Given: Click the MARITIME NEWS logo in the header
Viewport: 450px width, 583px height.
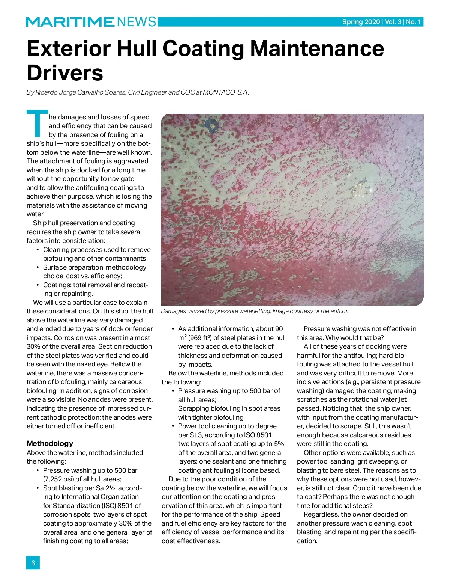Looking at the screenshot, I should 91,22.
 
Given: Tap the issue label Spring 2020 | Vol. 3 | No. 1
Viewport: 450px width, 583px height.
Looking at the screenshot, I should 381,22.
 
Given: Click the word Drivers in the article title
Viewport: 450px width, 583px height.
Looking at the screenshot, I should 65,73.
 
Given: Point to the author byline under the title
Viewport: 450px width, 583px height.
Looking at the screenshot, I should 138,92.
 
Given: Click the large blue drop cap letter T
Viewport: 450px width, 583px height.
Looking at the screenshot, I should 37,124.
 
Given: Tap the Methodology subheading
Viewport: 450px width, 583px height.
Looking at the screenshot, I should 50,443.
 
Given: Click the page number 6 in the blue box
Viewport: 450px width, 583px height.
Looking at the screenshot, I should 33,563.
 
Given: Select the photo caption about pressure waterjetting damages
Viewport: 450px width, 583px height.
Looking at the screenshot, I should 255,311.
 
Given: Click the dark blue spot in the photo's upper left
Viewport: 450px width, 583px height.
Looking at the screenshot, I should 212,125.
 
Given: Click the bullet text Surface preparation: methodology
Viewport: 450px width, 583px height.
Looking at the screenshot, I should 94,267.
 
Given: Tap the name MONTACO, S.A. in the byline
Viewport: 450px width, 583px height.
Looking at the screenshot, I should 226,92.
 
